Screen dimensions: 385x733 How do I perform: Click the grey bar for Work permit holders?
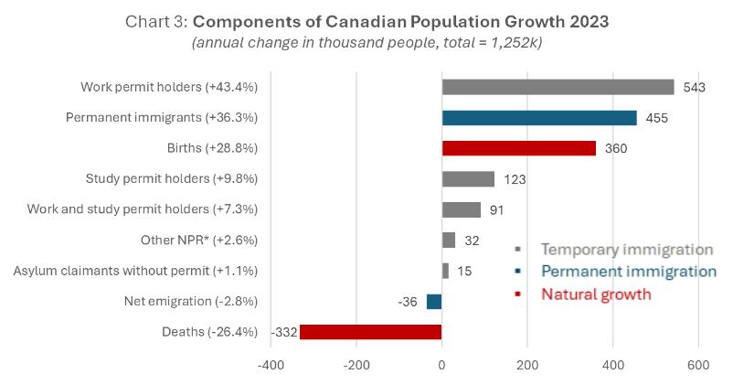[x=558, y=87]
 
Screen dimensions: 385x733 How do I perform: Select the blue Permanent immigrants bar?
[x=539, y=118]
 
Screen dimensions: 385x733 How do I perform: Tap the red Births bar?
[x=518, y=148]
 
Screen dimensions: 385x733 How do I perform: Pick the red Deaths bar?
[x=370, y=332]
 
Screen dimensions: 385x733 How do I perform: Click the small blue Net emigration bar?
[x=434, y=302]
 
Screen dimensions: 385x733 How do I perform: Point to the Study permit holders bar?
[x=468, y=179]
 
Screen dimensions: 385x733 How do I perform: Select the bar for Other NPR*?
[x=449, y=241]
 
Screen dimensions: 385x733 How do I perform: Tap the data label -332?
[x=283, y=332]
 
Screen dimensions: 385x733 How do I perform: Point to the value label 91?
[x=497, y=210]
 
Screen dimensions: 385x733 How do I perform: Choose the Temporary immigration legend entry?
[x=626, y=249]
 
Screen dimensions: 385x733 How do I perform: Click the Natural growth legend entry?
[x=596, y=294]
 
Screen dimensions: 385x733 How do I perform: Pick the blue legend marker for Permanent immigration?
[x=518, y=272]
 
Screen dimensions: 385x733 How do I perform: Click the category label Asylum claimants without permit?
[x=135, y=271]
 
